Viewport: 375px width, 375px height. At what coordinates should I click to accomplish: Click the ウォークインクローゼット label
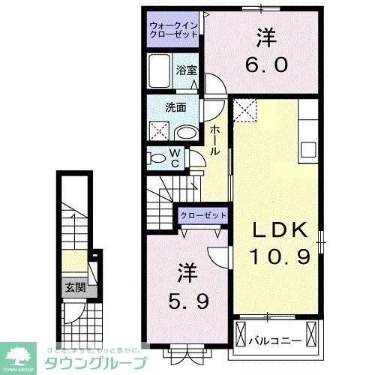pyautogui.click(x=173, y=31)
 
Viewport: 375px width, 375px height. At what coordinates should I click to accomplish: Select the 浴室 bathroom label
pyautogui.click(x=186, y=70)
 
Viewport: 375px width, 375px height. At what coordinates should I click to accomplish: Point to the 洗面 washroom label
pyautogui.click(x=175, y=106)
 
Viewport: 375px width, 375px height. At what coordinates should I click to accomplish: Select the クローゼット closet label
pyautogui.click(x=202, y=216)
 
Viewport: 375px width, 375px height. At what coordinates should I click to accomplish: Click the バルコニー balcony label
pyautogui.click(x=276, y=340)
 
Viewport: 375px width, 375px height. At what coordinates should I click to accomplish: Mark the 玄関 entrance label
pyautogui.click(x=73, y=287)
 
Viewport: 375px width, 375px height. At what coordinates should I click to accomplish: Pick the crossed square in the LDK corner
pyautogui.click(x=244, y=110)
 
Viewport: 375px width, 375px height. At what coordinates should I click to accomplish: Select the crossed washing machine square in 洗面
pyautogui.click(x=159, y=132)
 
